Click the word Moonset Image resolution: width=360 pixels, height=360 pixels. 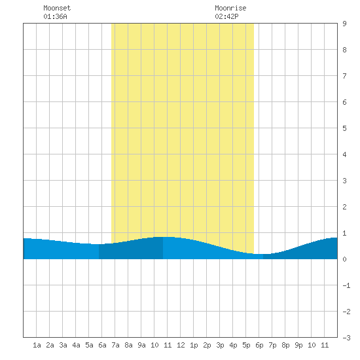(x=57, y=8)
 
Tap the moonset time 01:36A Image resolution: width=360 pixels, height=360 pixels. (x=56, y=16)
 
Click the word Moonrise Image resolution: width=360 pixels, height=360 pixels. (x=230, y=8)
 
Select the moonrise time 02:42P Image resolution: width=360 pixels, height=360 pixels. (x=227, y=16)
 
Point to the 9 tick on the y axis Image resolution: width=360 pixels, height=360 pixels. (x=344, y=24)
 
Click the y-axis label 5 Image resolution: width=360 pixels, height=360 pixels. (x=344, y=128)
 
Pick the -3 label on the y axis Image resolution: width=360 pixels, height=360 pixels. (x=346, y=338)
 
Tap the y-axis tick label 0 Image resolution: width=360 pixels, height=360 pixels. (x=344, y=259)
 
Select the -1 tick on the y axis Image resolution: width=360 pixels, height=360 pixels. (x=346, y=285)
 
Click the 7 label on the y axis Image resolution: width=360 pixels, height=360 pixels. (x=344, y=76)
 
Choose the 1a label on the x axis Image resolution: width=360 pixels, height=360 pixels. (x=37, y=345)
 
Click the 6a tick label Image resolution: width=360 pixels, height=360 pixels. (x=102, y=345)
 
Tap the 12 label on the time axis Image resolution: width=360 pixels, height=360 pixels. (x=181, y=345)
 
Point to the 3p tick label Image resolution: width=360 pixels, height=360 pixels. (x=220, y=345)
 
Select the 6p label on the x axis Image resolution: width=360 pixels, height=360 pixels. (x=259, y=345)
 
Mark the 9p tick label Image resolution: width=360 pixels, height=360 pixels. (x=298, y=345)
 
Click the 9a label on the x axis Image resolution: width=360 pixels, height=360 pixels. (x=141, y=345)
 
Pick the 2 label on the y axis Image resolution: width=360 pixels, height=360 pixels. (x=344, y=207)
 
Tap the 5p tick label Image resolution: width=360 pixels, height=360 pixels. (x=246, y=345)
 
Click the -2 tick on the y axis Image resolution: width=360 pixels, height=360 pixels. (x=346, y=312)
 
